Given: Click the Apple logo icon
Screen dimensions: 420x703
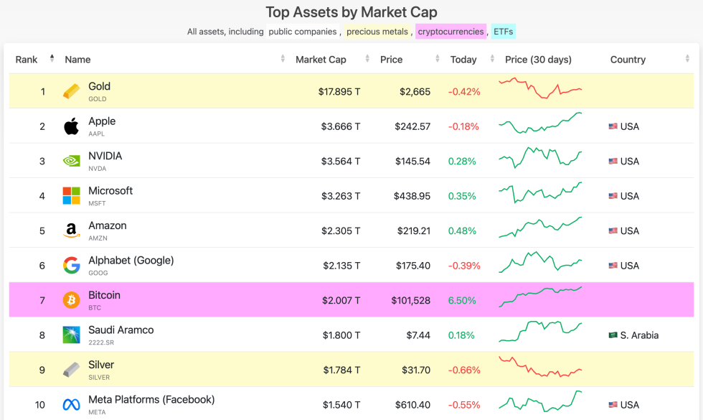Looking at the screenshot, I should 71,127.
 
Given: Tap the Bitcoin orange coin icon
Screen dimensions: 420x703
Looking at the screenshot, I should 71,300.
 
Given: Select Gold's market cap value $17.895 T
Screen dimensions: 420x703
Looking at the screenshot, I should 339,92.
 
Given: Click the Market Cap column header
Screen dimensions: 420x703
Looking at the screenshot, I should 321,60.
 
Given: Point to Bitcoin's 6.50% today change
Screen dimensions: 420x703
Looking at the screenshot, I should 462,301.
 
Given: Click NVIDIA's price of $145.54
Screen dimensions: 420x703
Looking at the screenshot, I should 412,162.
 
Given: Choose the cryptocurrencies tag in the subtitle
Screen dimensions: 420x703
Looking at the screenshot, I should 450,32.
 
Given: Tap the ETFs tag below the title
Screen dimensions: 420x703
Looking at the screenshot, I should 504,32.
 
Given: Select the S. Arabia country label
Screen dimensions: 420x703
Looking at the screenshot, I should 639,335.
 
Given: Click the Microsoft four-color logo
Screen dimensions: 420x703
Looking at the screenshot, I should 71,196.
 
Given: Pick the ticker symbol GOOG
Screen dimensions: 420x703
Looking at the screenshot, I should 98,273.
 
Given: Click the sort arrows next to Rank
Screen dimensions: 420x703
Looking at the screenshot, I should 52,59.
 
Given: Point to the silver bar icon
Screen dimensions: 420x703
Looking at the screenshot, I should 71,370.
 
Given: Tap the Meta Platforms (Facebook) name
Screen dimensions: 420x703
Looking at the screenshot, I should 151,399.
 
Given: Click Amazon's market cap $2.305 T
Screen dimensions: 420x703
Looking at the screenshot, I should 341,231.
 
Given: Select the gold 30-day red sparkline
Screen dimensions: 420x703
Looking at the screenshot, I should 540,88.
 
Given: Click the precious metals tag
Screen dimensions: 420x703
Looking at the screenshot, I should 377,32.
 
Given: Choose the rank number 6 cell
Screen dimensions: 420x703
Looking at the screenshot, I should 42,266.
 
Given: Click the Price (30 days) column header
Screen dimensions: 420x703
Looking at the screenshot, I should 537,60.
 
